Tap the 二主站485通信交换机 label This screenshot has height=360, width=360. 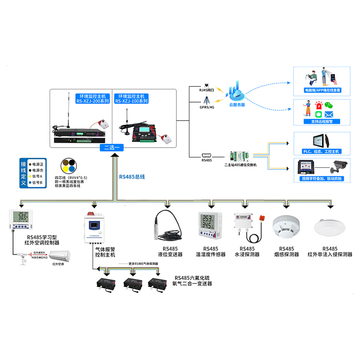tap(240, 165)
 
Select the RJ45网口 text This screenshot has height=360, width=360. tap(207, 90)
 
